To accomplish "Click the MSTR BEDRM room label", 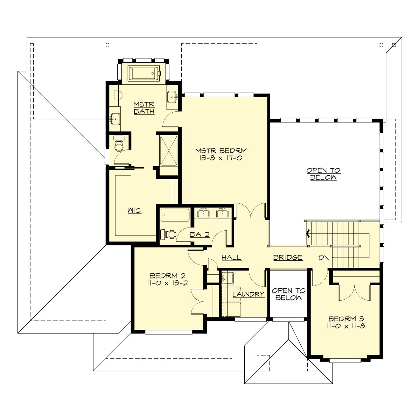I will (x=221, y=151).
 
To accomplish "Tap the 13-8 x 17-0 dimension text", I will (x=221, y=158).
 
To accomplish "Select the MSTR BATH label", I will (x=144, y=108).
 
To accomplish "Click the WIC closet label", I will (x=134, y=211).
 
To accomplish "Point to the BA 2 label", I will (x=199, y=234).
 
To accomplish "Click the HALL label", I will (x=231, y=258).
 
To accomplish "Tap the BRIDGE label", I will (x=288, y=258).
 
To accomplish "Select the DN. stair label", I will (x=324, y=258).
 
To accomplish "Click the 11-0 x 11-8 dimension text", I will (x=346, y=326).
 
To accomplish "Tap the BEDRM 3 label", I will (x=346, y=319).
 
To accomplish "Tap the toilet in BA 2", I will (x=168, y=234).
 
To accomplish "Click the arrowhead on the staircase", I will (x=308, y=233).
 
